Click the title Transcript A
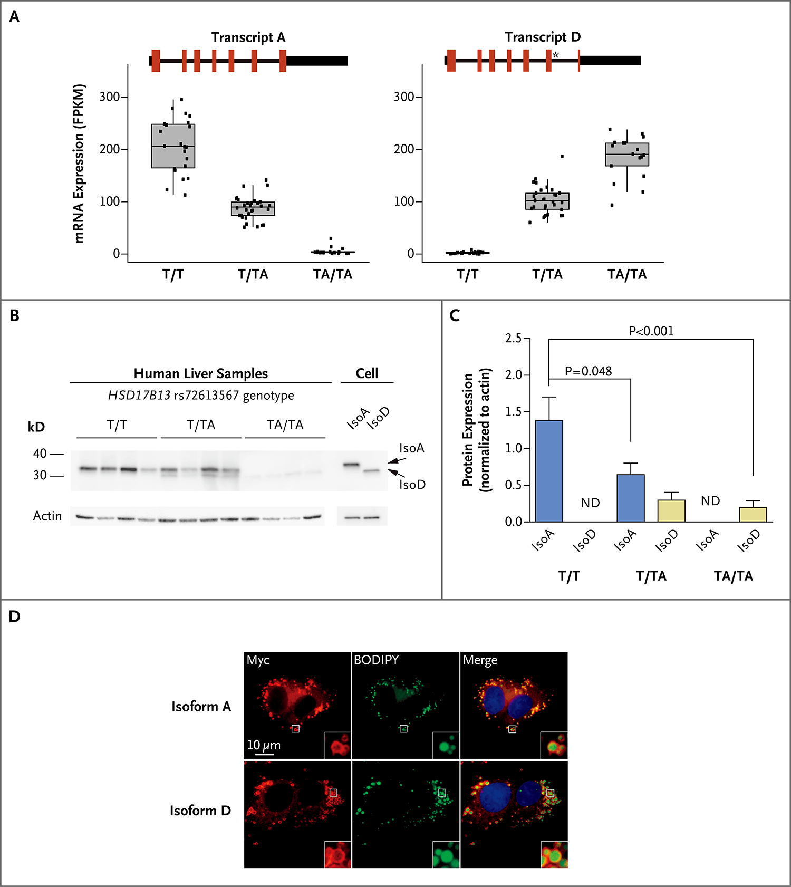[x=248, y=37]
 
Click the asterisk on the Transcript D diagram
[x=555, y=55]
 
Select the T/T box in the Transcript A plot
[x=173, y=146]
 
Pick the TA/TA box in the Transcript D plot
[x=627, y=155]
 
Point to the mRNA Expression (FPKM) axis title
[x=79, y=163]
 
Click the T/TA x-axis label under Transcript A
[x=253, y=274]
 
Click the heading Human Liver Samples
[x=200, y=373]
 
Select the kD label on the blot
[x=36, y=427]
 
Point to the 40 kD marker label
[x=40, y=454]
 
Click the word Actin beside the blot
[x=47, y=516]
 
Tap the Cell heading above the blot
[x=366, y=373]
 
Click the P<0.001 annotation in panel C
[x=651, y=331]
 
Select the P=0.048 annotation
[x=588, y=371]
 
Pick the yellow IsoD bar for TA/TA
[x=753, y=514]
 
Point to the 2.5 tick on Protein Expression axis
[x=513, y=339]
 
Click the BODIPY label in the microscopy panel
[x=376, y=660]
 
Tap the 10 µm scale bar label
[x=264, y=745]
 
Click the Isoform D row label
[x=200, y=811]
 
